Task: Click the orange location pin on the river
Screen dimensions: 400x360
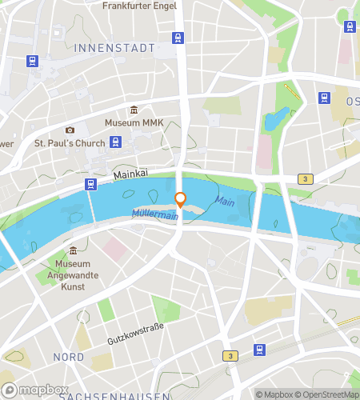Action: click(x=181, y=199)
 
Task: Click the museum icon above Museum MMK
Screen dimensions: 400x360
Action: click(x=134, y=110)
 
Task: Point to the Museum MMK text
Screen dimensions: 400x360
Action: click(x=134, y=122)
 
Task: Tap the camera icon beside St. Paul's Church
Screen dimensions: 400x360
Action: click(x=70, y=130)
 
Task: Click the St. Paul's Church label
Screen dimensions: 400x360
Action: click(x=70, y=143)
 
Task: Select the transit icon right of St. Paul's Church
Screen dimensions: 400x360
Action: click(x=116, y=142)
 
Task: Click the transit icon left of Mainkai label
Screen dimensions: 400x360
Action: click(x=91, y=184)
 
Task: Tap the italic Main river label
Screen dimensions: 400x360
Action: click(x=224, y=202)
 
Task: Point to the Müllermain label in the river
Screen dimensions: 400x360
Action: click(x=156, y=214)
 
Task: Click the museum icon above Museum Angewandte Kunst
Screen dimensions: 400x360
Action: click(x=74, y=250)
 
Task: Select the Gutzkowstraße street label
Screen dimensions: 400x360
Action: click(x=136, y=340)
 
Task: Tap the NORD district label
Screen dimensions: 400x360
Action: click(x=68, y=356)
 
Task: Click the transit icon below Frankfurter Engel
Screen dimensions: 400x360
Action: click(x=178, y=37)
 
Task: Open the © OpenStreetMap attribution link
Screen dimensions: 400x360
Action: click(x=328, y=394)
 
